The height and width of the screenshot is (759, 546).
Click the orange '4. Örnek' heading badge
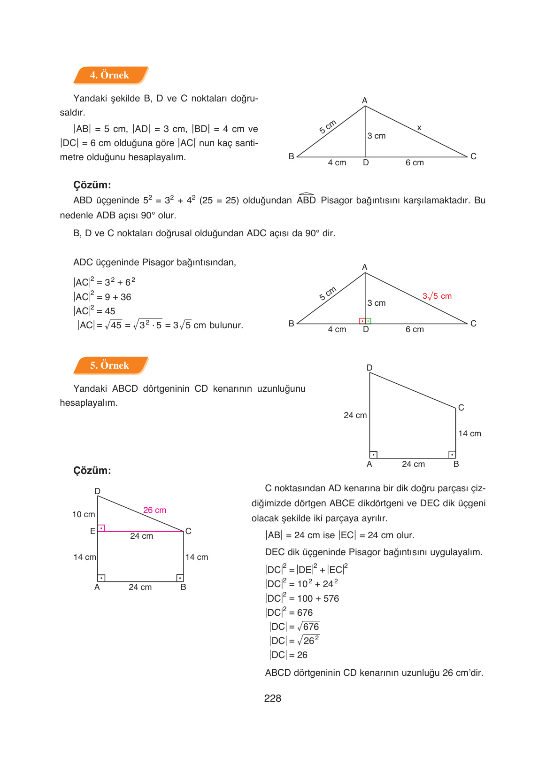pos(110,75)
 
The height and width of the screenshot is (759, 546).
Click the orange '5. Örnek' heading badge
pos(110,365)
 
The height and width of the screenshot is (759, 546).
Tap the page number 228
pos(272,698)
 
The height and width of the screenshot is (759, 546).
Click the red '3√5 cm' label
pos(437,296)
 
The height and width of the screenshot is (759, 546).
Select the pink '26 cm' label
pos(154,510)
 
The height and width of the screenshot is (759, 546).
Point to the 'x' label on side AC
pos(419,128)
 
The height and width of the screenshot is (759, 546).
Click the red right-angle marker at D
pos(362,321)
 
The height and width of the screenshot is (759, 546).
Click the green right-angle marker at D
pos(369,321)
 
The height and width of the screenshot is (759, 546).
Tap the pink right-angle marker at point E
pos(101,528)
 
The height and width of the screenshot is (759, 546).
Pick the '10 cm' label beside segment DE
pos(84,514)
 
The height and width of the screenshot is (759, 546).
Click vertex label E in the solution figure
pos(92,531)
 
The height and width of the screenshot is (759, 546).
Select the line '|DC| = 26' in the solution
pos(289,655)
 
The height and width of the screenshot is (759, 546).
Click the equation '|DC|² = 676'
pos(289,612)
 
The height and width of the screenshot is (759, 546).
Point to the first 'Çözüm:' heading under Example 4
pos(92,185)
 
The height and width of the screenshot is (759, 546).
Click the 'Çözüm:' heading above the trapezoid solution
pos(92,471)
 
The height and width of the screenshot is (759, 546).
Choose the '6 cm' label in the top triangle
pos(415,163)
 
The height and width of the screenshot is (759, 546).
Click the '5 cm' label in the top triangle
pos(328,127)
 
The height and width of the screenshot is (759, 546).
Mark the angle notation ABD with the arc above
pos(306,200)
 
